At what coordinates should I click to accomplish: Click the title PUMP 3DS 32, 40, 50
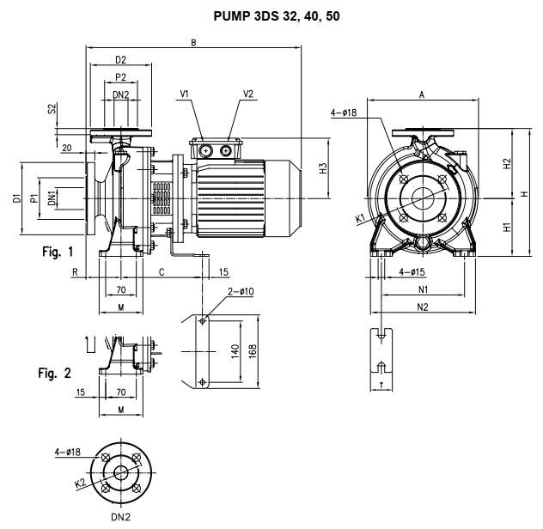[x=277, y=16]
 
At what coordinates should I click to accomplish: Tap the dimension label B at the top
[x=193, y=43]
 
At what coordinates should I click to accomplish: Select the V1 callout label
[x=184, y=94]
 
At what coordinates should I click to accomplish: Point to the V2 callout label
[x=248, y=94]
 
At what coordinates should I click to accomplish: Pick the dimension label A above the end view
[x=422, y=94]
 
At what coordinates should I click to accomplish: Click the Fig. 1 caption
[x=58, y=252]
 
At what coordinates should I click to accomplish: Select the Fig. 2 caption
[x=55, y=373]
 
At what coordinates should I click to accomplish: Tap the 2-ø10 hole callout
[x=241, y=291]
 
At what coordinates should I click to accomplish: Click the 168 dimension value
[x=253, y=351]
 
